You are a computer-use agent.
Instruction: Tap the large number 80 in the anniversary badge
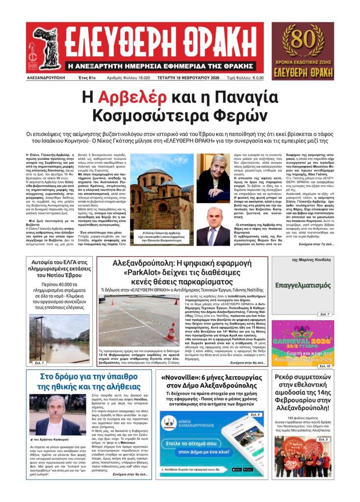(x=303, y=37)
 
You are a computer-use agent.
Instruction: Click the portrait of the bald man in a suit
(x=214, y=227)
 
